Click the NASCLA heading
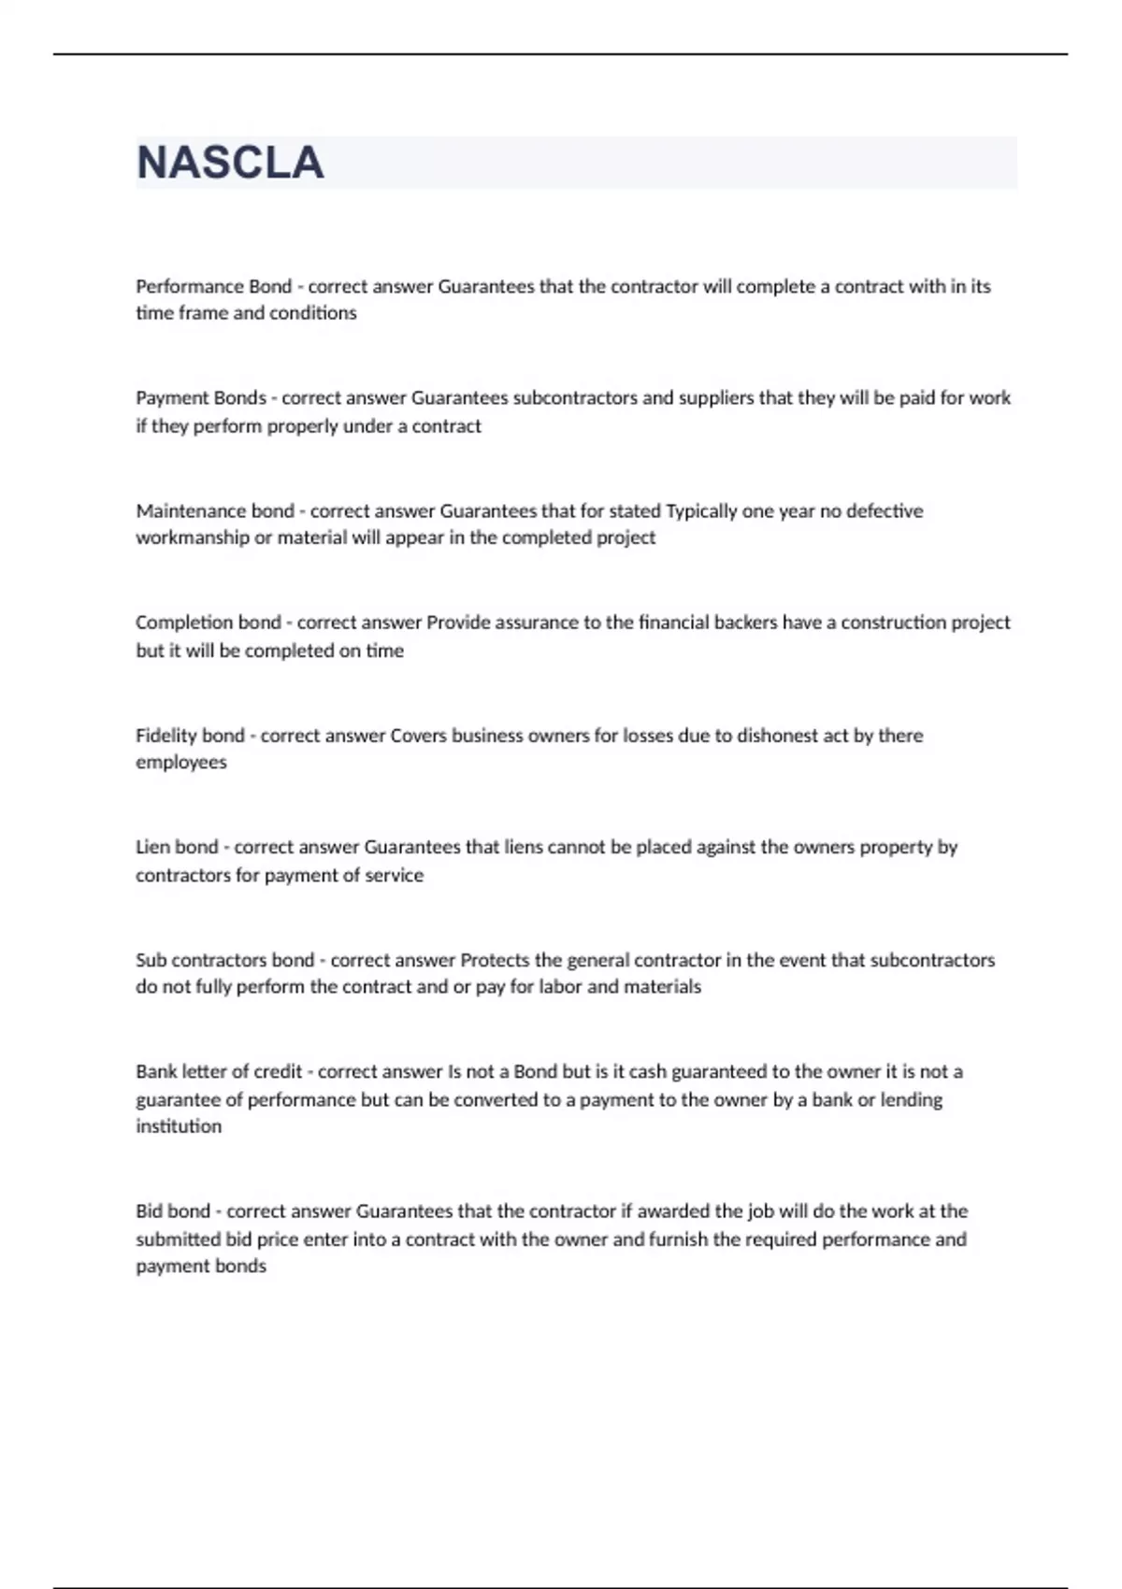230,163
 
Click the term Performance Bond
213,287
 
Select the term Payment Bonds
201,398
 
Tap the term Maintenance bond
215,511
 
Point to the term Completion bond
208,623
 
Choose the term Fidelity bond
190,736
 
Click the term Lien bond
177,848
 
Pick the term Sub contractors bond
224,960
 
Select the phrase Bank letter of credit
219,1072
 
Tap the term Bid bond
173,1211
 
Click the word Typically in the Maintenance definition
701,511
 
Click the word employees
181,763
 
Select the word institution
179,1126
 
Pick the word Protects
495,960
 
